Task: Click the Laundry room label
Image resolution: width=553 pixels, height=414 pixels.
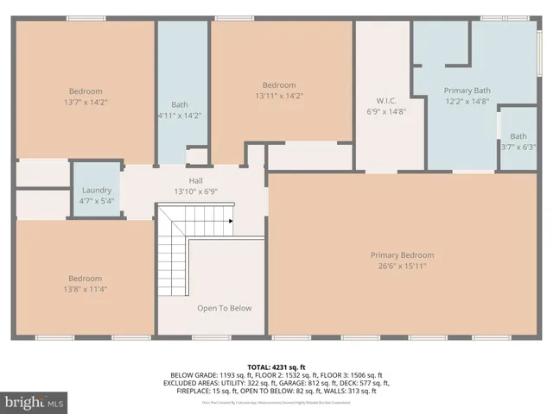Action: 97,190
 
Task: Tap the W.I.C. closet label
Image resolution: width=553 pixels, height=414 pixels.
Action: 385,99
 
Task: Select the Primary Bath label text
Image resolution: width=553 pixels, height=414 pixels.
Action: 467,91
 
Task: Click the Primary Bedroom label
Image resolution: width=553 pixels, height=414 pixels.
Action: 402,255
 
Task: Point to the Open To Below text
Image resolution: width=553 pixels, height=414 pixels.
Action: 224,308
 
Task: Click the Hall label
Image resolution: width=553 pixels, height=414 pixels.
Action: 195,180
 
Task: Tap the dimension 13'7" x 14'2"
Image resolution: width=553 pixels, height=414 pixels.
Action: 86,103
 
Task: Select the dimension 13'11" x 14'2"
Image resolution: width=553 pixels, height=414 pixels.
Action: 279,96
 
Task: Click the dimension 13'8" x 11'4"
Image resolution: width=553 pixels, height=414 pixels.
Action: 86,289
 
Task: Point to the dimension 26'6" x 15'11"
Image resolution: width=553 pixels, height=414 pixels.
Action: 402,267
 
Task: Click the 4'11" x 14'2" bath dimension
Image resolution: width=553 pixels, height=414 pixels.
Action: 180,115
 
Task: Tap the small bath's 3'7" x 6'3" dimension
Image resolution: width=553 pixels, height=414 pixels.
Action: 518,147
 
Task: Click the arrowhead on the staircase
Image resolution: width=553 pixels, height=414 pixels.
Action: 231,221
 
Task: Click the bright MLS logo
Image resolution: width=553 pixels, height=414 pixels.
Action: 35,402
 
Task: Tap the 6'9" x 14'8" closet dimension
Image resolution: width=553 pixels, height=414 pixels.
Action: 385,110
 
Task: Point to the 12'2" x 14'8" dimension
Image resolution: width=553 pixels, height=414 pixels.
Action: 467,102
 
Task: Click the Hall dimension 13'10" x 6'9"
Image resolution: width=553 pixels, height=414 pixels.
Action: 195,191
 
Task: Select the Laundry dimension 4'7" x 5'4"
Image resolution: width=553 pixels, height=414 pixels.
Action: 97,201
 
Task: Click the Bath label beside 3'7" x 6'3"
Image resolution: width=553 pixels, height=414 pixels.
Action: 518,135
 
